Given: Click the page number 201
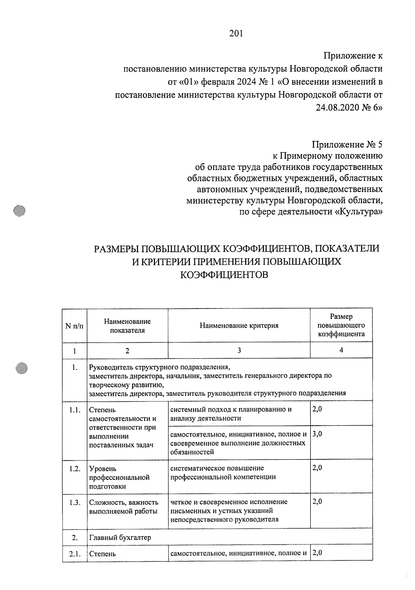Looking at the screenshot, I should tap(236, 34).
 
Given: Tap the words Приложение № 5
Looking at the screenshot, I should tap(347, 144).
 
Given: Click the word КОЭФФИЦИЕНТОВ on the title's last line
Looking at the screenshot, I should tap(224, 275).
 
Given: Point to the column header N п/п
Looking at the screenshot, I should tap(74, 326).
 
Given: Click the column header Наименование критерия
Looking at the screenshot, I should tap(239, 325).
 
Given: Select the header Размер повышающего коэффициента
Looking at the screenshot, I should tap(341, 325).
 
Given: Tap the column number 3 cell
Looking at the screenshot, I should tap(239, 350).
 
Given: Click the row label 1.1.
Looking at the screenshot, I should tap(75, 410).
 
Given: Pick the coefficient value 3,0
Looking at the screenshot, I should tap(317, 434).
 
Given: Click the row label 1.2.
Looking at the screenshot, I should tap(75, 469).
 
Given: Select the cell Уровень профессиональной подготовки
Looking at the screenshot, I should tap(119, 477).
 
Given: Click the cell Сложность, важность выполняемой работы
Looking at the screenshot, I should tap(123, 506).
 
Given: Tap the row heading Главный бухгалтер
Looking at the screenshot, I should tap(120, 538).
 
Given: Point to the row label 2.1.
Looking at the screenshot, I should tap(75, 554).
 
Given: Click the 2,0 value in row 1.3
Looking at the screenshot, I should tap(317, 502).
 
